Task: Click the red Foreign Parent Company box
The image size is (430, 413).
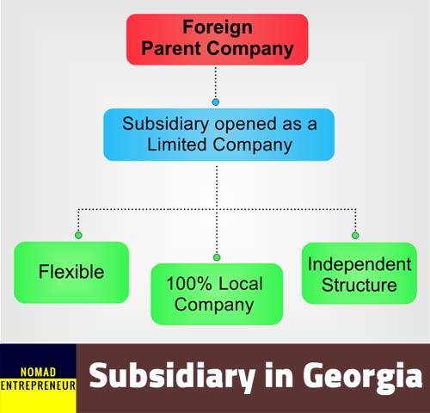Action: coord(217,40)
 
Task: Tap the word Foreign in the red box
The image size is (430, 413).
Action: coord(218,28)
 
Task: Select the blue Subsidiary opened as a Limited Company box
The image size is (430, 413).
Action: coord(218,134)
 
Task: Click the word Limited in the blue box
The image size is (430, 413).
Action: coord(176,144)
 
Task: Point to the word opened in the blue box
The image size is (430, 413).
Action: coord(246,125)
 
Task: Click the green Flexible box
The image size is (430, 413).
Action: coord(71,272)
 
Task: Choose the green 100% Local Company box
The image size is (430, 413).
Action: coord(217,294)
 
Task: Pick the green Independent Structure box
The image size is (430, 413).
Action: coord(359,273)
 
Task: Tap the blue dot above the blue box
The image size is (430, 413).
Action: coord(216,102)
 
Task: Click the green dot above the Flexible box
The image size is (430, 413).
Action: coord(78,235)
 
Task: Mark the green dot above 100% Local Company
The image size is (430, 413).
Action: coord(217,257)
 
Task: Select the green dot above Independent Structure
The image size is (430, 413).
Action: coord(355,236)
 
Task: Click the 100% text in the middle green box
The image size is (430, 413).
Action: coord(189,283)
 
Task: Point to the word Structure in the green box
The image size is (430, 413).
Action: coord(359,285)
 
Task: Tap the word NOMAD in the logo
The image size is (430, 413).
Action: coord(38,373)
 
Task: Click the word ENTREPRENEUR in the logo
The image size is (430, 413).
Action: coord(38,385)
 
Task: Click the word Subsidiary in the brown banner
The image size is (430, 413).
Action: coord(172,375)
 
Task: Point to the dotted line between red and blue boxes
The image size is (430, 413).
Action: coord(216,83)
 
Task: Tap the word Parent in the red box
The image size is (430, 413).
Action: coord(171,48)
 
